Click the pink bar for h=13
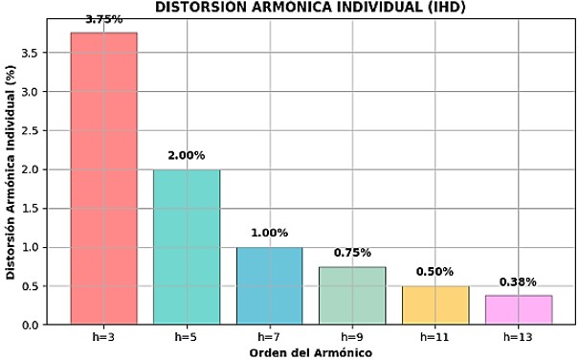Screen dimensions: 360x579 (518, 309)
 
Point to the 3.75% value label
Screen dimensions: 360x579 (103, 19)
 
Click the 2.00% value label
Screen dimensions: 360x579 (187, 156)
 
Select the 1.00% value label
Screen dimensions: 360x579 (269, 233)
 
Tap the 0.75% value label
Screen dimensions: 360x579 (352, 253)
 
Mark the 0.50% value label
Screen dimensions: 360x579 (434, 272)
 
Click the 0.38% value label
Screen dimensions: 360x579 (518, 281)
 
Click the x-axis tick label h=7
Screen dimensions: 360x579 (269, 337)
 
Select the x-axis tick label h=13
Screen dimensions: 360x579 (518, 337)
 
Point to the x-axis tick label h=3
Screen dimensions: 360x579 (103, 337)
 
